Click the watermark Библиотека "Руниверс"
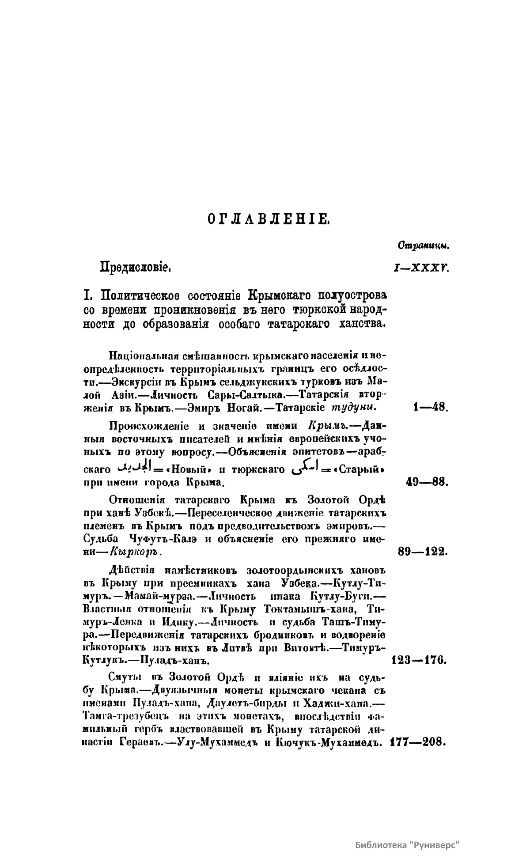(408, 846)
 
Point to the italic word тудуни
(353, 408)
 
